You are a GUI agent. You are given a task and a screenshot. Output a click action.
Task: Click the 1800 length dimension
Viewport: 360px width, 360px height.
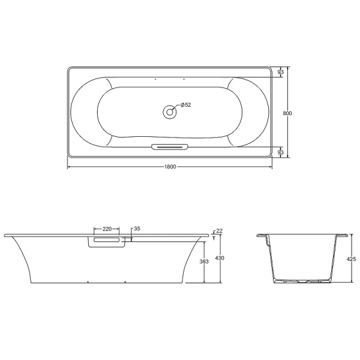[x=170, y=166]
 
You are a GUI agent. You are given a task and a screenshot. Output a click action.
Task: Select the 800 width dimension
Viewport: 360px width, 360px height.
[x=288, y=113]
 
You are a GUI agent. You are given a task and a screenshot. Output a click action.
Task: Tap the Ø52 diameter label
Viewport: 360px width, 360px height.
[x=185, y=105]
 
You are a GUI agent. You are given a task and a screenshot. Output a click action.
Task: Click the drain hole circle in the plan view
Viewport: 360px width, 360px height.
[x=170, y=110]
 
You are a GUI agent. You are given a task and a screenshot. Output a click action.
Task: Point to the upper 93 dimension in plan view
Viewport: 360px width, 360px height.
[x=281, y=73]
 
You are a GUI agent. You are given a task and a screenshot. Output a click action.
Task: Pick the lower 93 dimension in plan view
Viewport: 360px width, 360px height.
[x=281, y=152]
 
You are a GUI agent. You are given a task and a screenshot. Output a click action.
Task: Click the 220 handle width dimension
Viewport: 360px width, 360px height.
[x=107, y=229]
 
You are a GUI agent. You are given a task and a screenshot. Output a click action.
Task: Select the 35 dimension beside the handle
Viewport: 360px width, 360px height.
[x=137, y=229]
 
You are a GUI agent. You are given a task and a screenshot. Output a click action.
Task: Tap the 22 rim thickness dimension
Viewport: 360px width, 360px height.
[x=219, y=231]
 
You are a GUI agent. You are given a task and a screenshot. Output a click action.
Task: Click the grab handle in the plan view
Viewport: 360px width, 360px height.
[x=170, y=146]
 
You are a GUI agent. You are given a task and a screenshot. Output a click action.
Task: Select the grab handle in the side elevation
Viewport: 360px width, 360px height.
[x=107, y=241]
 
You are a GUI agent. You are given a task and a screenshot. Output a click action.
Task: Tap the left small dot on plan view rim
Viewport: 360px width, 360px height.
[x=155, y=79]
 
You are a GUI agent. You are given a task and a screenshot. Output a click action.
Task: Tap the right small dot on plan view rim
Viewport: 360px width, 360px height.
[x=184, y=79]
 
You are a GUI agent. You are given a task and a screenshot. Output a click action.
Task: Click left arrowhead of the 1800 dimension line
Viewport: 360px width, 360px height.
[x=68, y=166]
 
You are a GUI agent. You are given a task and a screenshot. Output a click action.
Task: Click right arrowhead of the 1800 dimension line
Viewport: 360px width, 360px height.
[x=271, y=166]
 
